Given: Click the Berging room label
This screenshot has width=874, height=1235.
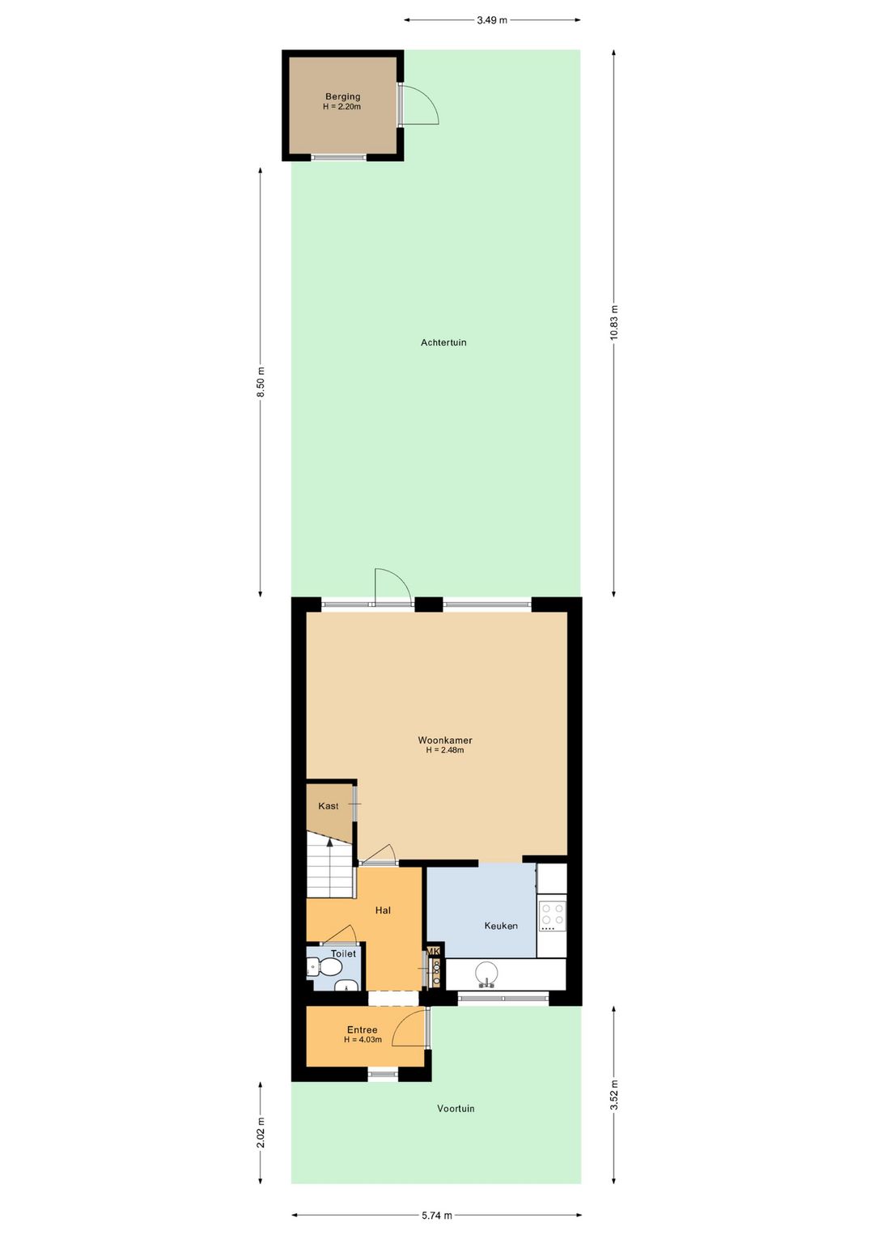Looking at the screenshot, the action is pos(342,97).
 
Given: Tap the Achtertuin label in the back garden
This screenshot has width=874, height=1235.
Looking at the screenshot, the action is pos(443,342).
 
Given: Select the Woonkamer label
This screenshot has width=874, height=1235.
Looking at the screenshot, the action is pos(445,741).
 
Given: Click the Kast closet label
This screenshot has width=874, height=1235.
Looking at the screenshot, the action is pos(328,806).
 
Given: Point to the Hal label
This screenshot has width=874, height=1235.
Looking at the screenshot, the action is pos(383,910).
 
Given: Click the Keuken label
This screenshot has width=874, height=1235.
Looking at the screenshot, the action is pos(501,926).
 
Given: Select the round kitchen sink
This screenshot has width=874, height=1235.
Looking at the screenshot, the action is pos(486,974).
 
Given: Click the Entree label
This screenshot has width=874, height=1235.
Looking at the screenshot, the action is pos(363,1029).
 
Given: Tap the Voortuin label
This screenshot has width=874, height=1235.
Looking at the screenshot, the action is pos(456,1108).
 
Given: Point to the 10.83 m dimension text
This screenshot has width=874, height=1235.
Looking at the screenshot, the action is pos(613,323).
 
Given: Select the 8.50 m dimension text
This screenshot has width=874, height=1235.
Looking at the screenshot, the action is pos(261,381).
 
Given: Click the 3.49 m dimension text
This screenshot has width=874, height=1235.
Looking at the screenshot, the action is pos(492,20).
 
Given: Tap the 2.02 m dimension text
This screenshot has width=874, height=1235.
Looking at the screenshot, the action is pos(261,1133).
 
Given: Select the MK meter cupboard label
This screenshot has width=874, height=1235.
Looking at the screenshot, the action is pos(434,951).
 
